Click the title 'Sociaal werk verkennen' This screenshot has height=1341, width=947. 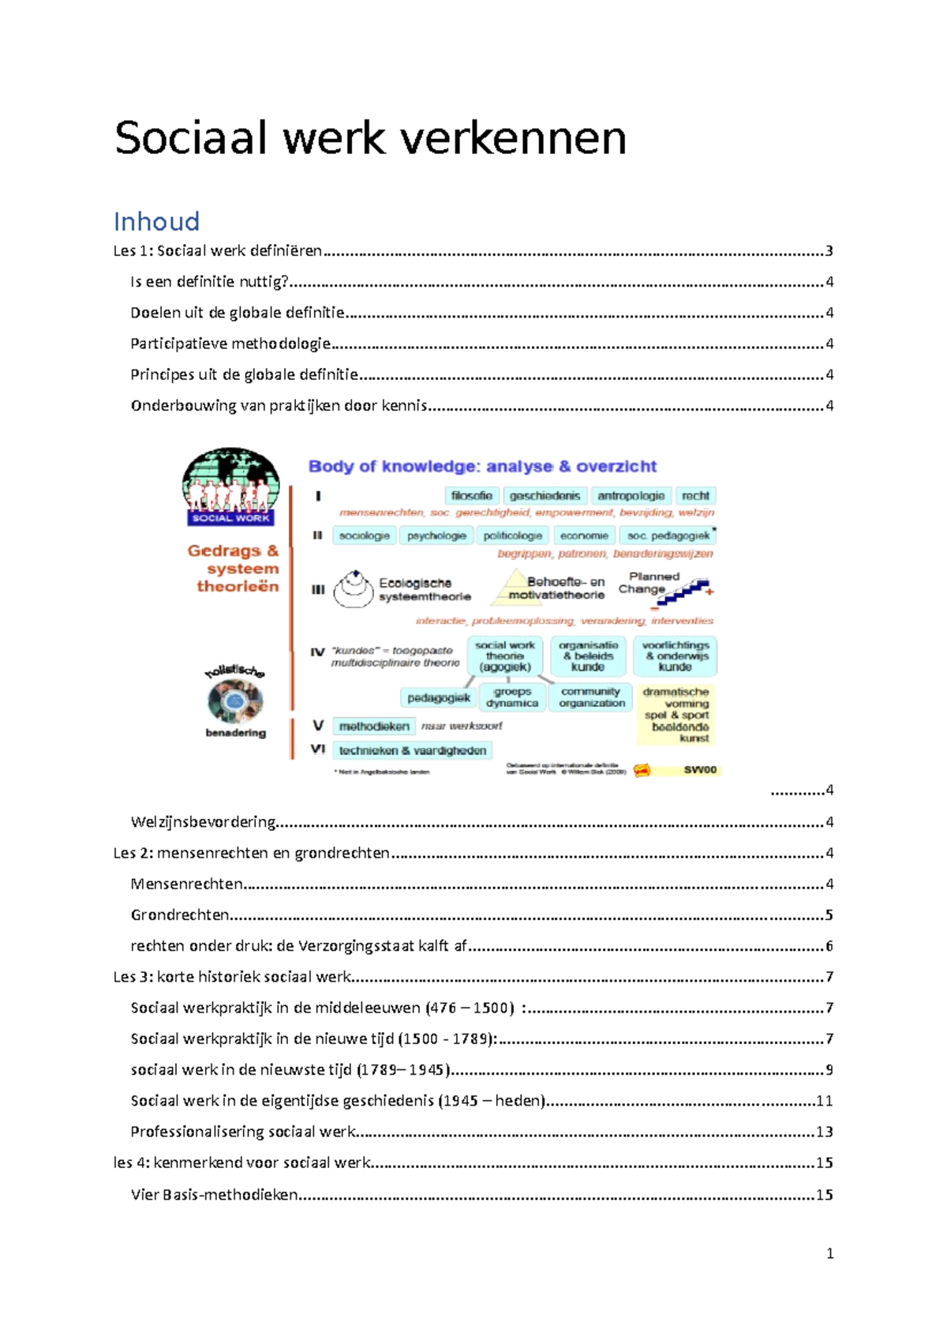pos(370,138)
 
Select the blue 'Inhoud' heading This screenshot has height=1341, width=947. pos(156,221)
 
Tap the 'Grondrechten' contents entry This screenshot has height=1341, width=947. pos(180,915)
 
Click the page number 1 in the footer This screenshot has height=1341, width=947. pos(829,1253)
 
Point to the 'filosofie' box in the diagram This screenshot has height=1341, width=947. pos(471,496)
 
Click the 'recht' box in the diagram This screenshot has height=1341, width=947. pos(695,496)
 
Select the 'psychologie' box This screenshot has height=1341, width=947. pos(436,535)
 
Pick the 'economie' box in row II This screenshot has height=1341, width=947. pos(584,535)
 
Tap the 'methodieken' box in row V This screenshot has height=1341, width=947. pos(374,726)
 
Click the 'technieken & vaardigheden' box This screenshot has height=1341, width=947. pos(412,750)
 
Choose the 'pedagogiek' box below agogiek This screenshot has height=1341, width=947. pos(439,697)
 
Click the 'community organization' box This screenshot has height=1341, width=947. pos(592,697)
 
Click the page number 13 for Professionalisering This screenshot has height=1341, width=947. pos(824,1132)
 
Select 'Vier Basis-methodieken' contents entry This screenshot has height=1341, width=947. pos(214,1194)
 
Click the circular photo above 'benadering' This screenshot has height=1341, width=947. pos(235,700)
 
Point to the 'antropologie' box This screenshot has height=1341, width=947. pos(631,496)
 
